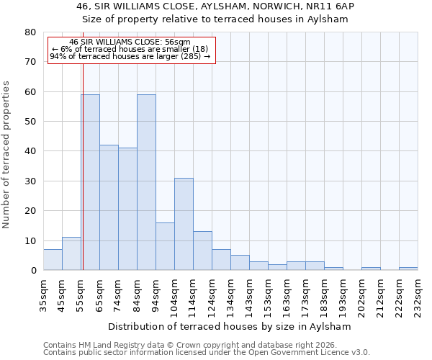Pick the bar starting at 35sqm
(x=53, y=260)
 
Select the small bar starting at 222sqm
(x=408, y=269)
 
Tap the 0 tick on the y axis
(x=33, y=271)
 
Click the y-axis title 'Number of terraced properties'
(x=6, y=154)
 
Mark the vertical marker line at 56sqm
(x=83, y=173)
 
